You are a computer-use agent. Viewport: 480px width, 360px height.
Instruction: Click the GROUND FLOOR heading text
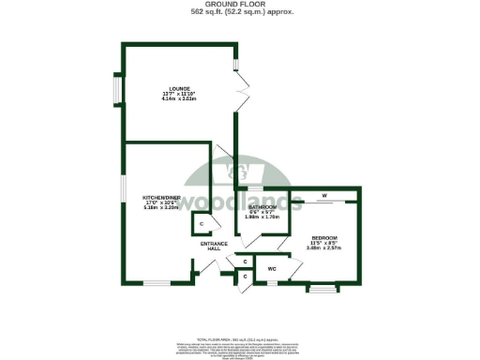[x=240, y=5]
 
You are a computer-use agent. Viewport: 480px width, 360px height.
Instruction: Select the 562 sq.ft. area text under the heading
[x=240, y=13]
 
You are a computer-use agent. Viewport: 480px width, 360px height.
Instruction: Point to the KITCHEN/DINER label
[x=160, y=198]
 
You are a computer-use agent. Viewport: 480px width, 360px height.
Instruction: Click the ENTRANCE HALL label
[x=215, y=246]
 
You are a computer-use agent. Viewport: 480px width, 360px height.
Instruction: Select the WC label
[x=272, y=269]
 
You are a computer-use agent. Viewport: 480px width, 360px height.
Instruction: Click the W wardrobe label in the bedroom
[x=323, y=197]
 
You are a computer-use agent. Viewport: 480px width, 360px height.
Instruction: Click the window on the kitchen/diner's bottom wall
[x=156, y=283]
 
